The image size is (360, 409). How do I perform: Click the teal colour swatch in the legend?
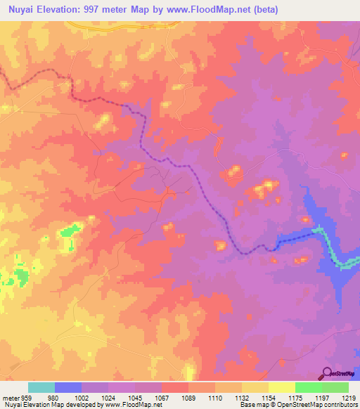tap(41, 387)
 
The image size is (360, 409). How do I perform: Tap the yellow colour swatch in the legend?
tap(281, 387)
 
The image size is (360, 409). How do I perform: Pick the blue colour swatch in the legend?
tap(68, 387)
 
